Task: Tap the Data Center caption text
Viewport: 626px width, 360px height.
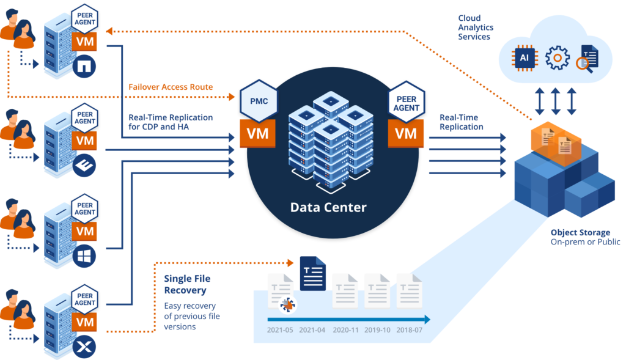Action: [328, 207]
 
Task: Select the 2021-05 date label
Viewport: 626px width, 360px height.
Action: [280, 331]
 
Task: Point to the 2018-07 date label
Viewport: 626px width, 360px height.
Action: [409, 331]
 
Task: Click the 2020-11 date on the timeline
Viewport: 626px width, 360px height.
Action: [345, 331]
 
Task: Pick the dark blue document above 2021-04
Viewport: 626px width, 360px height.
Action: [312, 273]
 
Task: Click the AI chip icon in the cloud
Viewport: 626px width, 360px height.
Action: [525, 59]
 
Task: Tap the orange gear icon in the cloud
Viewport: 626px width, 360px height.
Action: [557, 59]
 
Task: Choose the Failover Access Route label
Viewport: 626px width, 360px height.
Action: [171, 87]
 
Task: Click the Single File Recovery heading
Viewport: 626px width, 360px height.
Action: [185, 284]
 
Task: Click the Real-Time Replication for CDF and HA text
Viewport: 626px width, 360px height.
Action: [171, 122]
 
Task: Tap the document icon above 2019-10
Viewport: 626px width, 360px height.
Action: [377, 290]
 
